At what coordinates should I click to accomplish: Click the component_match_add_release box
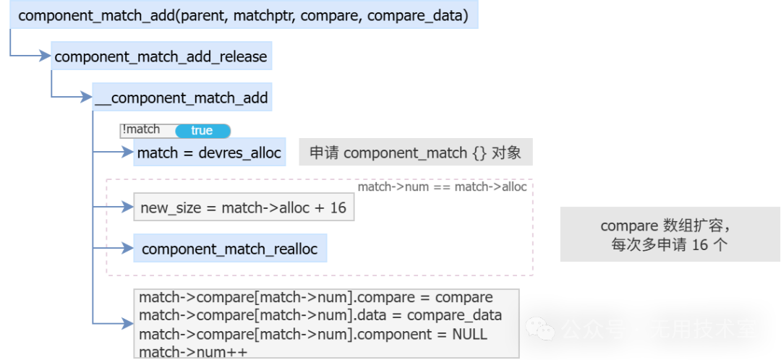(x=161, y=56)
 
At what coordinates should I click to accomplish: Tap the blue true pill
(x=202, y=131)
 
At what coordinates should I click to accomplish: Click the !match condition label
(x=141, y=129)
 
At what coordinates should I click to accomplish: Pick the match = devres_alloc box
(x=209, y=153)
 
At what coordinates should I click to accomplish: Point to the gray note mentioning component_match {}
(x=415, y=153)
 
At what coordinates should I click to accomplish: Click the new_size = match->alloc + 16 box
(x=243, y=208)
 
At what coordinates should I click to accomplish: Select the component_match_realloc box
(x=229, y=249)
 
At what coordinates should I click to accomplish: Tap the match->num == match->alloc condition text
(x=443, y=187)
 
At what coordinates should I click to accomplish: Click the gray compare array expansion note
(x=670, y=235)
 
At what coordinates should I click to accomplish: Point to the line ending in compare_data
(x=320, y=316)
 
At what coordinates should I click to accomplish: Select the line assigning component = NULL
(x=312, y=334)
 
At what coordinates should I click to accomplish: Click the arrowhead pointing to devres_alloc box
(x=128, y=153)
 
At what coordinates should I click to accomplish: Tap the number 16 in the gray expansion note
(x=699, y=244)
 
